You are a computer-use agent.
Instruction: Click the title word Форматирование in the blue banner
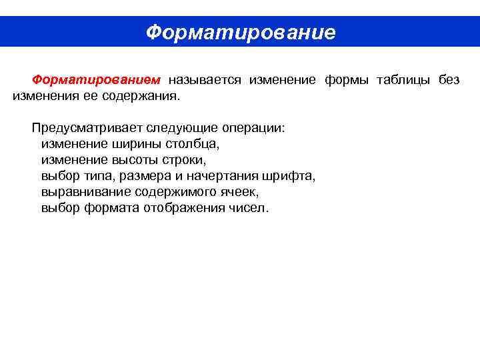(x=240, y=32)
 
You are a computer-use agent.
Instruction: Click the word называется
(x=205, y=80)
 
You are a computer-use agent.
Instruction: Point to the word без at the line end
(x=449, y=80)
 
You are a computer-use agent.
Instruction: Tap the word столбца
(x=193, y=144)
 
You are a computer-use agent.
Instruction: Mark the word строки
(x=187, y=160)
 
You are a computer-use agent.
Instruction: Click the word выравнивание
(x=86, y=192)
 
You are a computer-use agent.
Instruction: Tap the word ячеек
(x=239, y=192)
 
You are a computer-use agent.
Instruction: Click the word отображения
(x=185, y=208)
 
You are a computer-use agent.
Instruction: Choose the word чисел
(x=249, y=208)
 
